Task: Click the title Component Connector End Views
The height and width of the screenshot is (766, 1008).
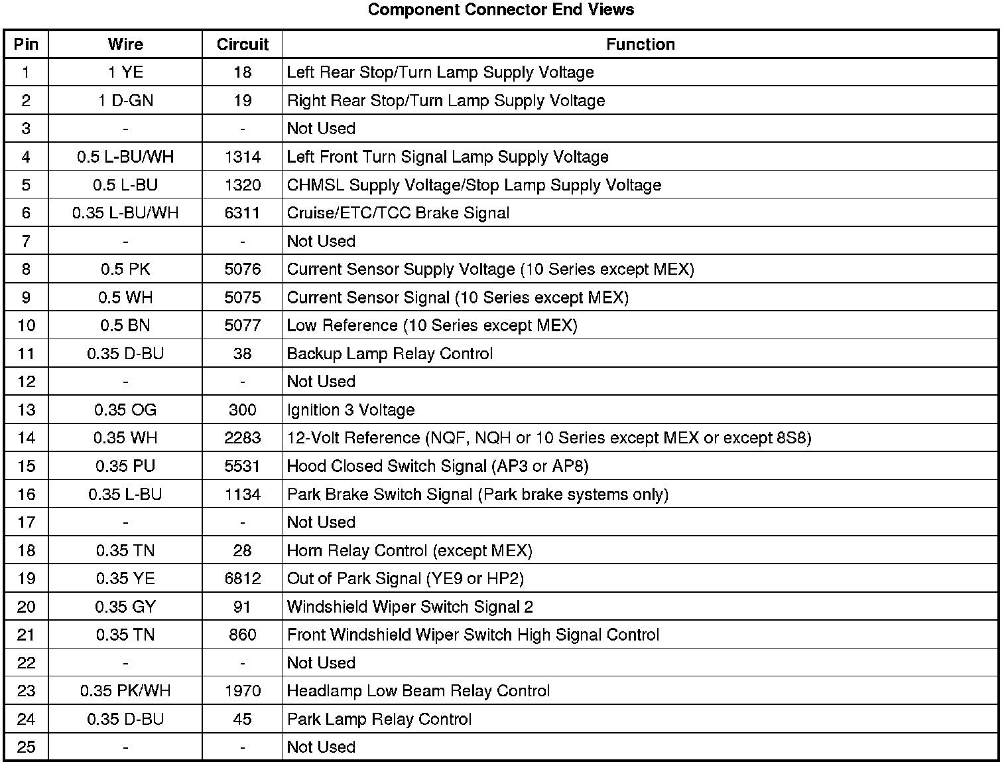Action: [501, 10]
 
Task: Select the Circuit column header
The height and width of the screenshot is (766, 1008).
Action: [242, 44]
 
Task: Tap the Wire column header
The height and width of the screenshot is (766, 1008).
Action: [125, 44]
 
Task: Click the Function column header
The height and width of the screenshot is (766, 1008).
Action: [640, 44]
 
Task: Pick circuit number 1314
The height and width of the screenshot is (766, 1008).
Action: [242, 157]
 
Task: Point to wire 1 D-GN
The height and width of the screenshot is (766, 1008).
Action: [125, 101]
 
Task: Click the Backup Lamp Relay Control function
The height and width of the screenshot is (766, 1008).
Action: [389, 354]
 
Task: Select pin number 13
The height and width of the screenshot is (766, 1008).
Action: [26, 410]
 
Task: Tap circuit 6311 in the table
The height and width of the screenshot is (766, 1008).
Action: [242, 213]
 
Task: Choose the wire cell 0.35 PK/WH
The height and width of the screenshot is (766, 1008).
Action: [125, 691]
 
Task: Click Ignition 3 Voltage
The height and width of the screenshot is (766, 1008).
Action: [350, 410]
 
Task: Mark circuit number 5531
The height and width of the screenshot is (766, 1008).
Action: [242, 467]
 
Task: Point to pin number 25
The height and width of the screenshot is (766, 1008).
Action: [26, 747]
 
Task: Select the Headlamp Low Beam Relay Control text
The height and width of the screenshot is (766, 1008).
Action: [418, 691]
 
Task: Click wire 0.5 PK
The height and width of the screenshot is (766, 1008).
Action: [125, 269]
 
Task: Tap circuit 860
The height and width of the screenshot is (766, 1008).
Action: [242, 635]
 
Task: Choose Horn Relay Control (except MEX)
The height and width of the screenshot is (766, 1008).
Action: [409, 551]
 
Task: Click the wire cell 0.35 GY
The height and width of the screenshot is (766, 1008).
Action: [125, 607]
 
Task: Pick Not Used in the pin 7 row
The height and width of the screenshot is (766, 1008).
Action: [321, 242]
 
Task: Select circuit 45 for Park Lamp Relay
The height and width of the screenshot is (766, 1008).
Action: [242, 720]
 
